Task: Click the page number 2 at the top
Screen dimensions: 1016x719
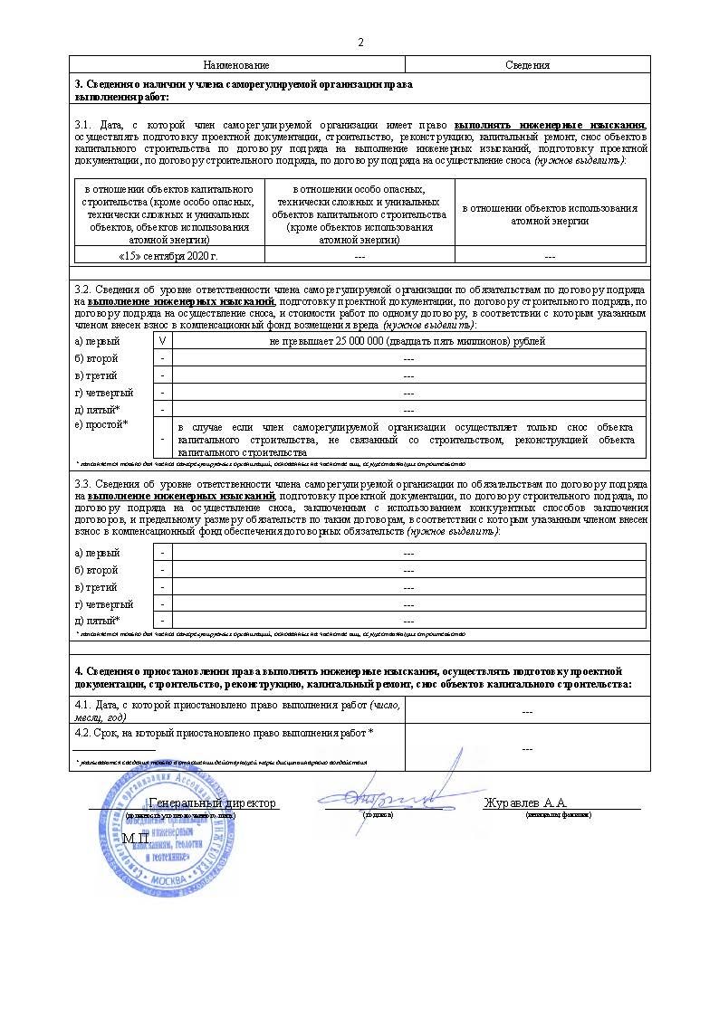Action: click(360, 43)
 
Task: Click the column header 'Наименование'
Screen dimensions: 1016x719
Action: click(236, 65)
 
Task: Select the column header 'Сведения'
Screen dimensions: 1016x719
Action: click(527, 65)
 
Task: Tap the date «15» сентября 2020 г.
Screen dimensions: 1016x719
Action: click(168, 256)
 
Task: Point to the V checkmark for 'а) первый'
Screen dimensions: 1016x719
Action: click(162, 341)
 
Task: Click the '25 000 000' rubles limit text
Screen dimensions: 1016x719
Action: click(408, 341)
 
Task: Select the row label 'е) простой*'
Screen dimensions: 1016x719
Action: click(101, 424)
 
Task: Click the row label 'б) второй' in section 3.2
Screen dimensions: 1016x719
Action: click(96, 358)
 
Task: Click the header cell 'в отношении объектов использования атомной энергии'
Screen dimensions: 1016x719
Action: click(550, 214)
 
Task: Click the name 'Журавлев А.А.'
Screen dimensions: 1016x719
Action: click(526, 803)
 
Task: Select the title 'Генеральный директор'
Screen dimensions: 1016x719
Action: click(212, 803)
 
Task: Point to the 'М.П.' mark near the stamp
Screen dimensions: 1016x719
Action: click(136, 839)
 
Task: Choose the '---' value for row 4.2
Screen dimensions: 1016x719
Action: click(527, 748)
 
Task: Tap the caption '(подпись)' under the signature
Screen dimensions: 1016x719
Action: click(378, 815)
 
